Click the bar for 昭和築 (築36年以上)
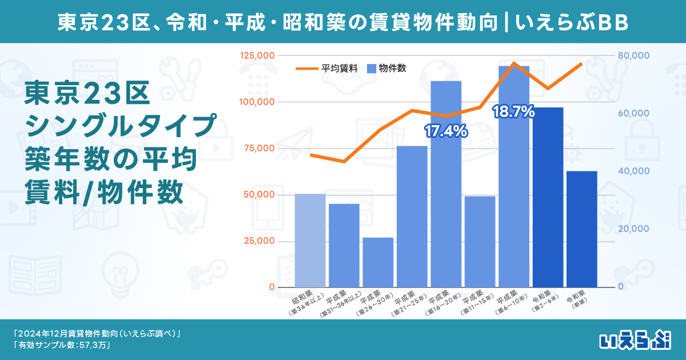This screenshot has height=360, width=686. coord(310,241)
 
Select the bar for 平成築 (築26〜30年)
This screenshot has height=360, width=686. coord(378,262)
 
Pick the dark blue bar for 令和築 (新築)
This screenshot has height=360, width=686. coord(581,229)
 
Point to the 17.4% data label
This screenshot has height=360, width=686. coord(446,131)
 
